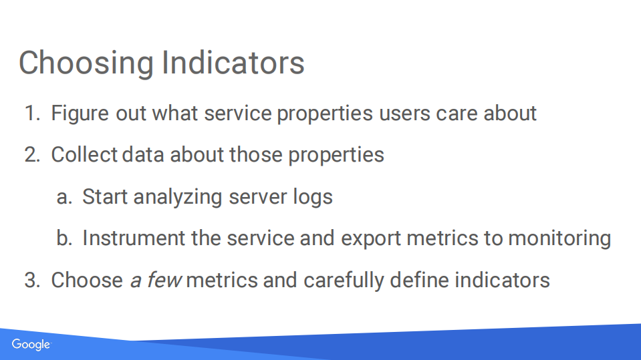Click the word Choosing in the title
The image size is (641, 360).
(86, 63)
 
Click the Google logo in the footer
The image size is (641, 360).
(31, 345)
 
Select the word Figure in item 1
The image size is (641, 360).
(80, 114)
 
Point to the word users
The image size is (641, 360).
(404, 114)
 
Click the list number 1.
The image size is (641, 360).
(33, 113)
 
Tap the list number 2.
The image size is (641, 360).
(32, 155)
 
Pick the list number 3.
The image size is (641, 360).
(32, 281)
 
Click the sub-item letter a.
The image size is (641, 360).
(64, 198)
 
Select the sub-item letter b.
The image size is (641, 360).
(64, 238)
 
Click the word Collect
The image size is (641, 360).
(84, 155)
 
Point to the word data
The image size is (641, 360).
(143, 155)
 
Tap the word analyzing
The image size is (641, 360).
(178, 198)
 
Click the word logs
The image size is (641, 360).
(313, 198)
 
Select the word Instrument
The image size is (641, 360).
(134, 238)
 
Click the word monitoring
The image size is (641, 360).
(559, 239)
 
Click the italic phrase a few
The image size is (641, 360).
(155, 281)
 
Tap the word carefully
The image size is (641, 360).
(344, 281)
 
